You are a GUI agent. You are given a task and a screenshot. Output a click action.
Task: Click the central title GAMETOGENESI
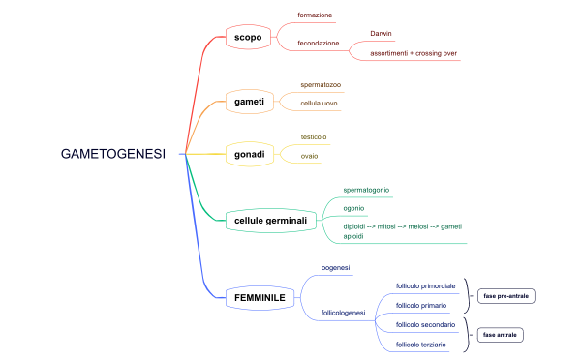[x=113, y=154]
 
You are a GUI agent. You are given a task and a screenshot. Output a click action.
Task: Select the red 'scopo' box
[x=248, y=38]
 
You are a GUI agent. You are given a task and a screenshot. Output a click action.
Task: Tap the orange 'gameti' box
[x=250, y=101]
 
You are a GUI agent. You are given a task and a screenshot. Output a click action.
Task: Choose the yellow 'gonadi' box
[x=250, y=154]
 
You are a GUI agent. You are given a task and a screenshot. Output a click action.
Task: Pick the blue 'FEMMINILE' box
[x=260, y=297]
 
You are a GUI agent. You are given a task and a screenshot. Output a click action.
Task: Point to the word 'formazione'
[x=315, y=15]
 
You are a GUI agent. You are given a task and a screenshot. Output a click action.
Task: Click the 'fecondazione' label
[x=319, y=44]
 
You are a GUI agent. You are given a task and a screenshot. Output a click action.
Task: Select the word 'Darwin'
[x=382, y=34]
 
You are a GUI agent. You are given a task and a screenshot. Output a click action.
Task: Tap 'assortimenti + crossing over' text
[x=414, y=53]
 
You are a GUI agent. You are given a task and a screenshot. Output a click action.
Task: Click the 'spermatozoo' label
[x=321, y=85]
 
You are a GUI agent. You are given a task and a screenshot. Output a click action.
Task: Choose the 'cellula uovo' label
[x=319, y=103]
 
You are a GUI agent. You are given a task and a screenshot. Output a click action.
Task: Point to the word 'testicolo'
[x=314, y=137]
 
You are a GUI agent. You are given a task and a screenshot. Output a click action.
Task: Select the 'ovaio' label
[x=309, y=156]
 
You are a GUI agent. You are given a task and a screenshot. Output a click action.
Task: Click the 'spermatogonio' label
[x=367, y=190]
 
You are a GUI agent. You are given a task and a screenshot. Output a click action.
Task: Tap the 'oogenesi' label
[x=335, y=267]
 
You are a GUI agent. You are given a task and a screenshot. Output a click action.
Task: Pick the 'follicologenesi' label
[x=343, y=313]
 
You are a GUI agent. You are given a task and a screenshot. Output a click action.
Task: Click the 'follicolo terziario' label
[x=421, y=345]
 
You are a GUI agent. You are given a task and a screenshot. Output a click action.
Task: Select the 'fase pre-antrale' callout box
[x=507, y=295]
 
